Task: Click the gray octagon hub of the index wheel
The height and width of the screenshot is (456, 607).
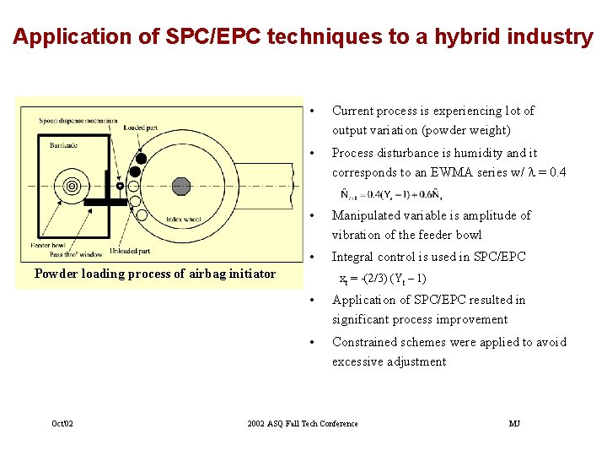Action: tap(180, 186)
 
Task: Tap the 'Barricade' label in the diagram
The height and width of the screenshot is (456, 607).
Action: tap(63, 145)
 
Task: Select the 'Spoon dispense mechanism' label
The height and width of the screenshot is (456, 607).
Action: tap(78, 120)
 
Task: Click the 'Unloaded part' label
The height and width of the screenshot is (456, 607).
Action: tap(132, 251)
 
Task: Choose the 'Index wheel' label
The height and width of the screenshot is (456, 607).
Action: tap(183, 219)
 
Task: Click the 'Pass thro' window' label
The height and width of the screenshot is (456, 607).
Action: tap(75, 253)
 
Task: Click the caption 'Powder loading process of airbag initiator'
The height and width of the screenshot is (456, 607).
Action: tap(154, 274)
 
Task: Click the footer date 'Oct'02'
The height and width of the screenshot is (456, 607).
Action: tap(62, 423)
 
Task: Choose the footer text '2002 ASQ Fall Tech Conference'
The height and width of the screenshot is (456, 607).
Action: tap(303, 423)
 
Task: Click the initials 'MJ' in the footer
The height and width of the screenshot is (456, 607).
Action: tap(514, 423)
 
